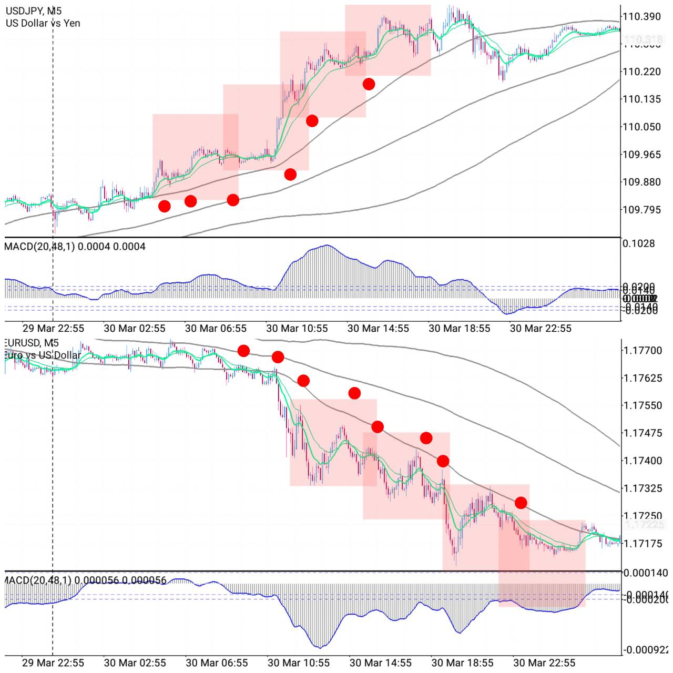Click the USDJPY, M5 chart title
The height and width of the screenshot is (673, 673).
click(33, 11)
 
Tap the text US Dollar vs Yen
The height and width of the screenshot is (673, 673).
click(43, 23)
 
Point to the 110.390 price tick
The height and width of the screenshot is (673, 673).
click(641, 16)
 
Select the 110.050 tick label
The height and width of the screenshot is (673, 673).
click(641, 127)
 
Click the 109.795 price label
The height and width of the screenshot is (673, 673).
click(641, 210)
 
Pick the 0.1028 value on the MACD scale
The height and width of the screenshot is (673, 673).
click(638, 243)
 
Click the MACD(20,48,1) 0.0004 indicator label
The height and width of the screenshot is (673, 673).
click(75, 246)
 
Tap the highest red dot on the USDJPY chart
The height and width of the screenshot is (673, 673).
click(369, 84)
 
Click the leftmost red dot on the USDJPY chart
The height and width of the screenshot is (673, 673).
click(165, 206)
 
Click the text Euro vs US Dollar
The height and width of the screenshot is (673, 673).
click(42, 355)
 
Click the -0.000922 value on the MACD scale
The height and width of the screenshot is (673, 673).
click(645, 650)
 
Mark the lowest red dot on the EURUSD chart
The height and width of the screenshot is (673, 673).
click(521, 503)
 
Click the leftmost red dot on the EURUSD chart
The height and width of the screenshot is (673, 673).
click(243, 351)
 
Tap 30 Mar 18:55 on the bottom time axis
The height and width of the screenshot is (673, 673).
click(462, 662)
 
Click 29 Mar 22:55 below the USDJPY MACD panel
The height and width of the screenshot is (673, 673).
click(53, 329)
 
